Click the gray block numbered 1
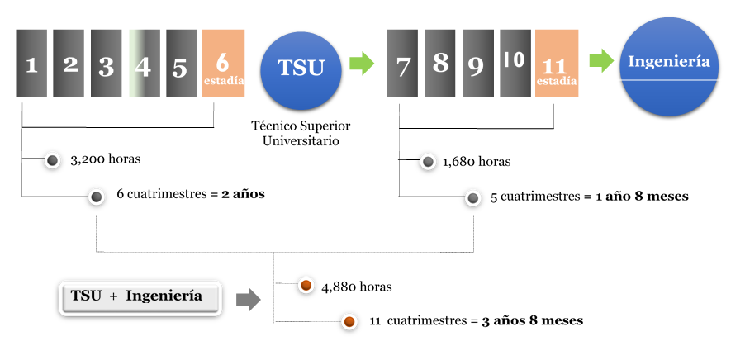(x=31, y=64)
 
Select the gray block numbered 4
(x=144, y=64)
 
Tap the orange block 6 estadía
(x=223, y=64)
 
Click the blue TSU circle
(x=301, y=68)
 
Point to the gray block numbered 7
(x=402, y=64)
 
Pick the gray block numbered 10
(x=515, y=64)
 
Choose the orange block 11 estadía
(x=557, y=64)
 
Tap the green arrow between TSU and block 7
(x=361, y=62)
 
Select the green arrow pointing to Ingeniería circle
(x=601, y=61)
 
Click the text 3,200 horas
(x=101, y=159)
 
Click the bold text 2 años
(x=243, y=195)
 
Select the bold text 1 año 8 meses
(x=642, y=197)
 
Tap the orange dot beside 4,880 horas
(x=305, y=286)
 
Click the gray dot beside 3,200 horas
(x=52, y=160)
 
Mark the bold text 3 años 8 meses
(x=533, y=320)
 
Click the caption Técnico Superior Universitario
(x=301, y=133)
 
